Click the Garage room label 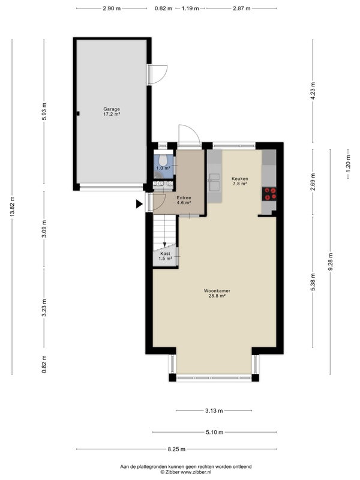[x=112, y=109]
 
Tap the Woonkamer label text [x=217, y=291]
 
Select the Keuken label [x=239, y=178]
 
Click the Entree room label [x=184, y=198]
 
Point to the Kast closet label [x=165, y=253]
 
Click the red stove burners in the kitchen [x=269, y=194]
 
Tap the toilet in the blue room [x=163, y=160]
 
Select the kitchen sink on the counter [x=214, y=182]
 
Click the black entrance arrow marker [x=139, y=204]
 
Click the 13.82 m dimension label [x=12, y=206]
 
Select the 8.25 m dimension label [x=176, y=449]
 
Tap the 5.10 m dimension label [x=214, y=432]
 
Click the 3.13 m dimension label [x=214, y=411]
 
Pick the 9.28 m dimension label [x=331, y=262]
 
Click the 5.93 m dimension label [x=44, y=111]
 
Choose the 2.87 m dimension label [x=242, y=8]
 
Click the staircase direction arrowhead [x=164, y=245]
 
